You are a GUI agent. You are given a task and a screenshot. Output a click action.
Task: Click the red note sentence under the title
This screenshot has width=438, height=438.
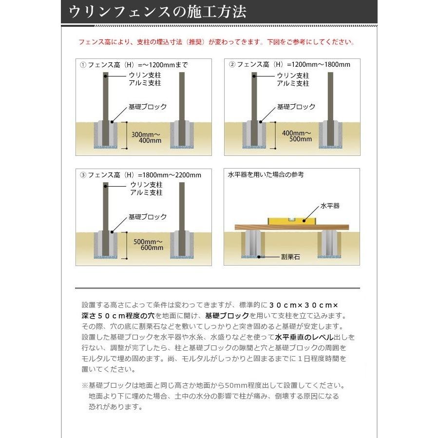point(216,42)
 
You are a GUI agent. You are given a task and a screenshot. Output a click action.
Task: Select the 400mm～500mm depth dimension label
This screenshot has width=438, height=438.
point(296,136)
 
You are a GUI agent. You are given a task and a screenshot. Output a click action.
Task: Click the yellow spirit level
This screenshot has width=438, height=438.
point(291,220)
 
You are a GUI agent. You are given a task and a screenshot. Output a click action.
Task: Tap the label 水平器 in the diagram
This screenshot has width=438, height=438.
point(330,206)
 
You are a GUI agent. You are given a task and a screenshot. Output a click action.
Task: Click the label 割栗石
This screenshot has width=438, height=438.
point(290,256)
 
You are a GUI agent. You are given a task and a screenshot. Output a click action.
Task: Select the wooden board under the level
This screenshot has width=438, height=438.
point(291,227)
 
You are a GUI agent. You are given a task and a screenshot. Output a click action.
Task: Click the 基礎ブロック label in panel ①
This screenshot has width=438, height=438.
point(148,107)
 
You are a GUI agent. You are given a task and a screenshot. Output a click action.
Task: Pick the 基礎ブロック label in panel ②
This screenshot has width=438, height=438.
point(296,107)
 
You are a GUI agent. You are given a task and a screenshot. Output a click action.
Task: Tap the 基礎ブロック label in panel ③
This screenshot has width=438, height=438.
point(148,217)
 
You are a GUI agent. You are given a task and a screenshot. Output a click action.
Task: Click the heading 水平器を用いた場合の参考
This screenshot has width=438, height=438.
point(266,174)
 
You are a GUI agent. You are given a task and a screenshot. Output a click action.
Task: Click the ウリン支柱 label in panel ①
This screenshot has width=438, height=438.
point(145,76)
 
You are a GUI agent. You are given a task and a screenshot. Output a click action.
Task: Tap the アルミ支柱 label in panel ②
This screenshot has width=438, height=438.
point(293,83)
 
